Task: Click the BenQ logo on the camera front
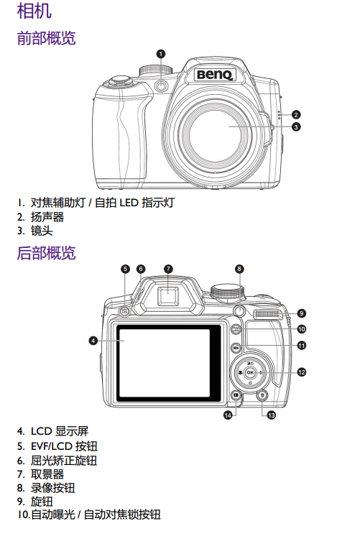[216, 75]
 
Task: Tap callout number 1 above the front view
[160, 54]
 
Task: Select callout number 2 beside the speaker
[296, 114]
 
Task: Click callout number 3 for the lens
[296, 126]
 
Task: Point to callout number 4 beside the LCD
[93, 341]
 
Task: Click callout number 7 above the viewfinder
[168, 269]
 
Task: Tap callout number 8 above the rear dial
[239, 269]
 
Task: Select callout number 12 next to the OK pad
[302, 372]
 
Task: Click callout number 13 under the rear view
[272, 415]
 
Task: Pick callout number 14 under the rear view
[228, 415]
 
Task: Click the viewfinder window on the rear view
[168, 296]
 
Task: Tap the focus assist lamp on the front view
[160, 86]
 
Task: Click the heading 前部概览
[46, 38]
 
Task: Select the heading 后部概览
[46, 253]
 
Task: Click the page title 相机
[34, 11]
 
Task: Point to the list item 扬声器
[47, 217]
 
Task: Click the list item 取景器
[47, 474]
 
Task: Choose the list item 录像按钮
[53, 488]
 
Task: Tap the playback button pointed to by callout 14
[236, 395]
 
